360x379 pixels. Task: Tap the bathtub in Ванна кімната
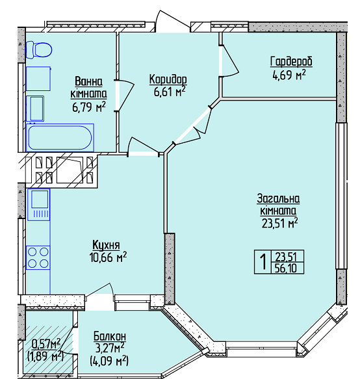pos(60,137)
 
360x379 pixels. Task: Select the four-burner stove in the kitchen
pos(38,257)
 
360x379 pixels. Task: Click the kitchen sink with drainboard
pos(38,205)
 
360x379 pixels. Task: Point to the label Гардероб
pos(291,62)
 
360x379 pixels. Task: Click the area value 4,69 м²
pos(289,75)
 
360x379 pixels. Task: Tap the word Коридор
pos(168,79)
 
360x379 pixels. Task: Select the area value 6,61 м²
pos(170,92)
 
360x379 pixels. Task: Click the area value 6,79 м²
pos(89,107)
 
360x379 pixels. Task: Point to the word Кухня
pos(107,245)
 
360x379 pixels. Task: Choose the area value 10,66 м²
pos(108,257)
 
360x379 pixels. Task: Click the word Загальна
pos(278,199)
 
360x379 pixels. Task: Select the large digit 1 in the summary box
pos(263,262)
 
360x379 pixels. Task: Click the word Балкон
pos(110,336)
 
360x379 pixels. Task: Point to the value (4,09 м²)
pos(109,361)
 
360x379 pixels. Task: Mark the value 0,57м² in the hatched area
pos(46,343)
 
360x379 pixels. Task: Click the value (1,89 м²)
pos(45,356)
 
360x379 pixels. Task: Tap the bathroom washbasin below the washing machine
pos(35,109)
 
